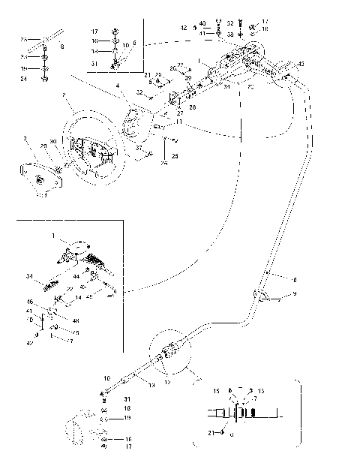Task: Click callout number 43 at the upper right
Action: tap(301, 65)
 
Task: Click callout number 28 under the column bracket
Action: tap(192, 108)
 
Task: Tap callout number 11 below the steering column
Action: tap(178, 120)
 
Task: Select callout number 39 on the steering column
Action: tap(188, 77)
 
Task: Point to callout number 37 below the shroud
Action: tap(138, 149)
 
